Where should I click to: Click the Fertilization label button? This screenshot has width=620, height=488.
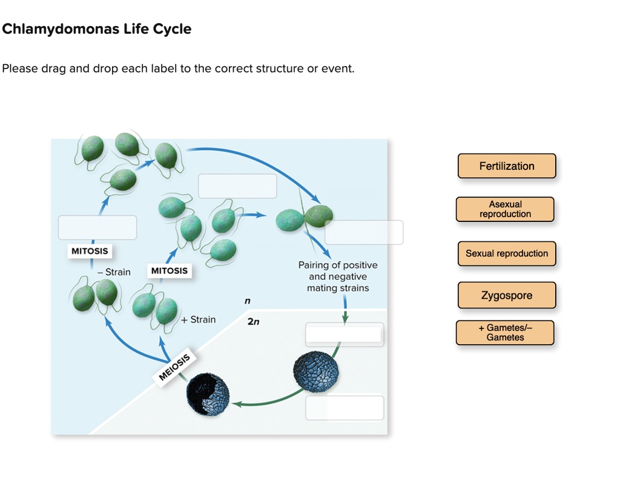[506, 166]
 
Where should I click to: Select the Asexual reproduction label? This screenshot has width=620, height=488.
[505, 209]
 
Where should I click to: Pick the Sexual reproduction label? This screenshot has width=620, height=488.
[506, 253]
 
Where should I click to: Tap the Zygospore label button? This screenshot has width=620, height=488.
[506, 296]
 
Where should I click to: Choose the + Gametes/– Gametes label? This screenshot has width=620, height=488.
[505, 333]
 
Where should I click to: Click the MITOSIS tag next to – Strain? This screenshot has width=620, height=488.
[90, 251]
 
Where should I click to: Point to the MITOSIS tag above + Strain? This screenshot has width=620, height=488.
[170, 271]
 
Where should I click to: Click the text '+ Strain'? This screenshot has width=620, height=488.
[198, 319]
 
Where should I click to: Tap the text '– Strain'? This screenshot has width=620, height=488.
[114, 272]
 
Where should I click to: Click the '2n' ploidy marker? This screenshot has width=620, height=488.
[253, 322]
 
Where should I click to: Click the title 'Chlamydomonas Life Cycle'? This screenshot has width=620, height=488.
[97, 29]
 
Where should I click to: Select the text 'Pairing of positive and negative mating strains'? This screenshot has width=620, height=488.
[337, 276]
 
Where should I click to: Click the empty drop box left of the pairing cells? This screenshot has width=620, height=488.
[237, 186]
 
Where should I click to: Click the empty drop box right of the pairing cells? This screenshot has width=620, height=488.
[364, 232]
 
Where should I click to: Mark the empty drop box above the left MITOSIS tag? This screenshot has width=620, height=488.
[97, 227]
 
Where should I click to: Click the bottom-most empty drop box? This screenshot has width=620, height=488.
[345, 408]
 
